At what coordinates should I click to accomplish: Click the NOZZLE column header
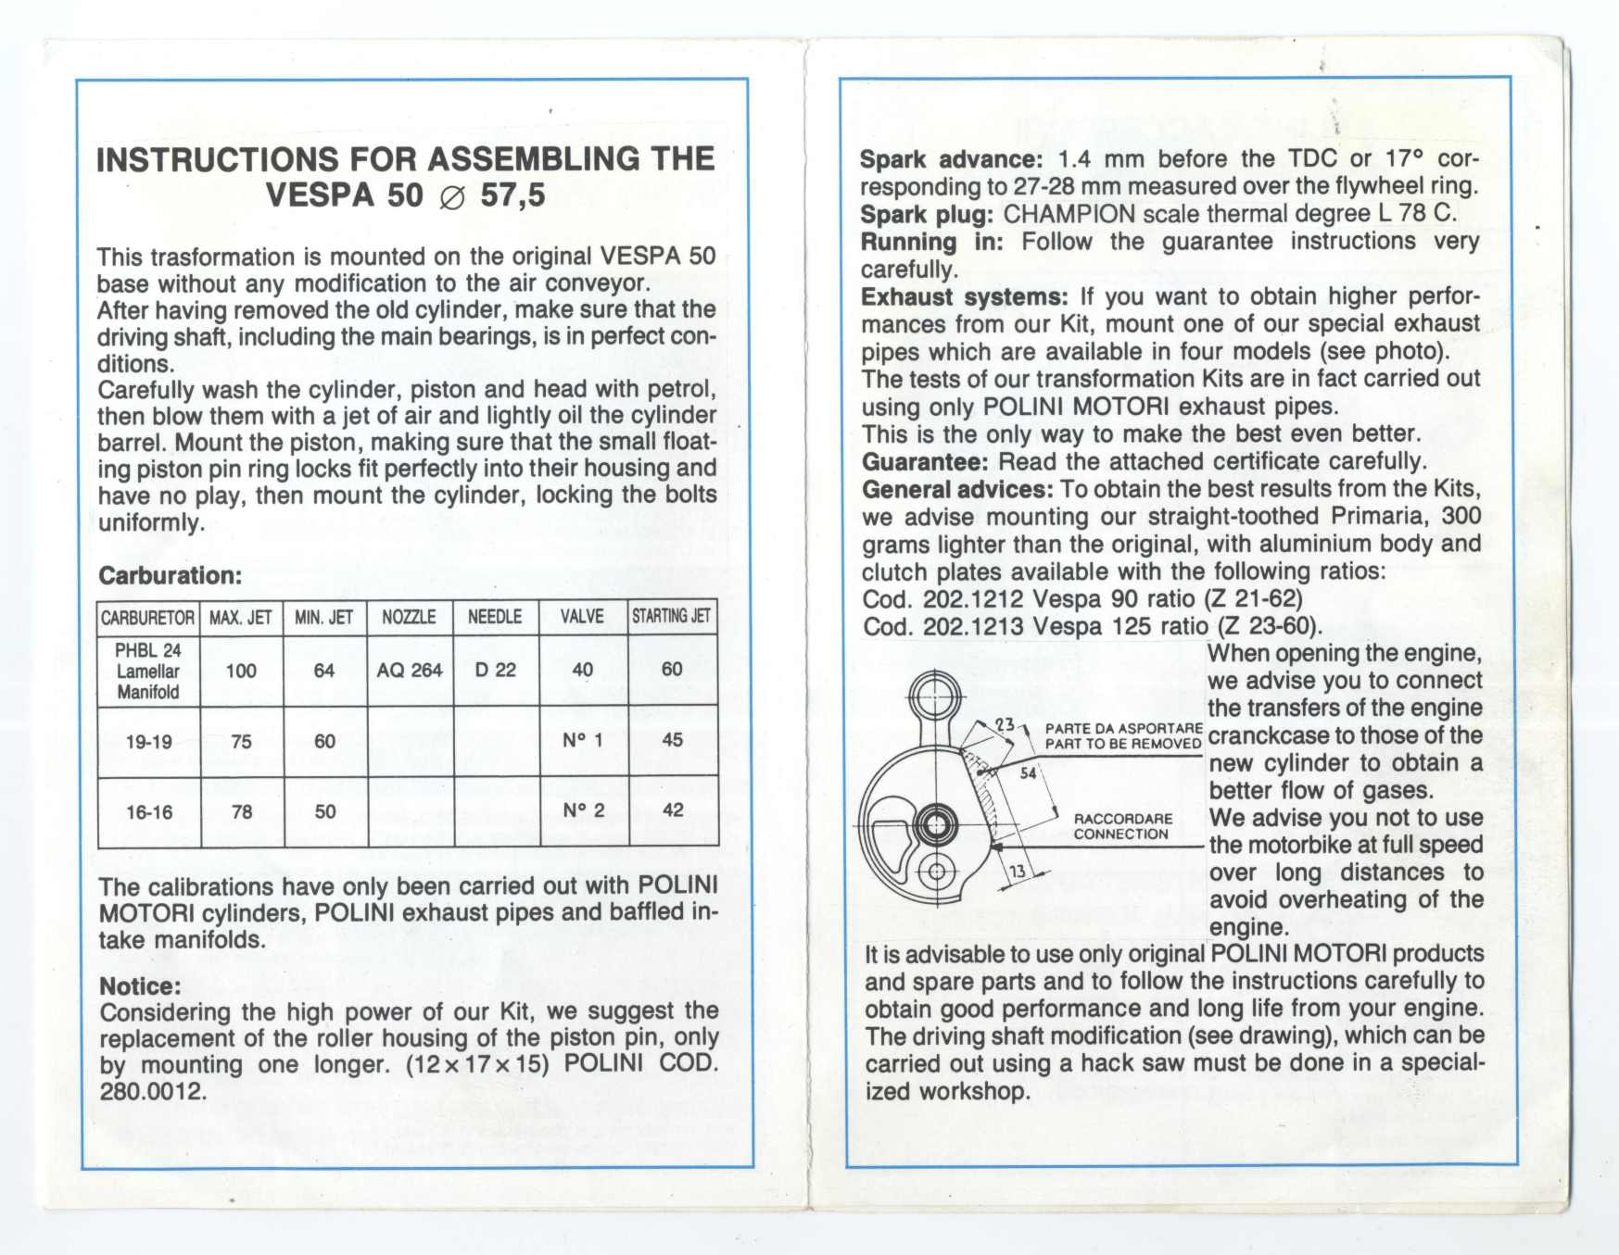(409, 617)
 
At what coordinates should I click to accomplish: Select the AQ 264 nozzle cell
(409, 670)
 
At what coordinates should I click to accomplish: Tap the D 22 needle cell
(495, 670)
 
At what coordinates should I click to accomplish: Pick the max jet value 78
(242, 812)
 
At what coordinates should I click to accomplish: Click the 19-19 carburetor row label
(148, 742)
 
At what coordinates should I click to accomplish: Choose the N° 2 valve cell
(583, 811)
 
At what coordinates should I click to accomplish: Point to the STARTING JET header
(671, 616)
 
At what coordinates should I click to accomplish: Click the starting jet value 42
(673, 810)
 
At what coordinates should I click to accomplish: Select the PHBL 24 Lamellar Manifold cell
(147, 671)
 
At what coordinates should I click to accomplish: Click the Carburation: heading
(170, 576)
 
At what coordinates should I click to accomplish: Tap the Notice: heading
(140, 986)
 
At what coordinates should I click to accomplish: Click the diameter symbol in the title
(451, 198)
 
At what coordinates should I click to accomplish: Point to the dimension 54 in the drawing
(1028, 773)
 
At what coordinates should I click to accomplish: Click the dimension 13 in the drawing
(1018, 872)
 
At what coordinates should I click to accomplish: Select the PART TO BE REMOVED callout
(1122, 744)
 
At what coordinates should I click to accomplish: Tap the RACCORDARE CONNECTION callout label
(1122, 826)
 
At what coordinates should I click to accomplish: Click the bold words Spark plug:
(926, 215)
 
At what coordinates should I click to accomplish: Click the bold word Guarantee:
(925, 462)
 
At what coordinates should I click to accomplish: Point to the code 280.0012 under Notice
(152, 1091)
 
